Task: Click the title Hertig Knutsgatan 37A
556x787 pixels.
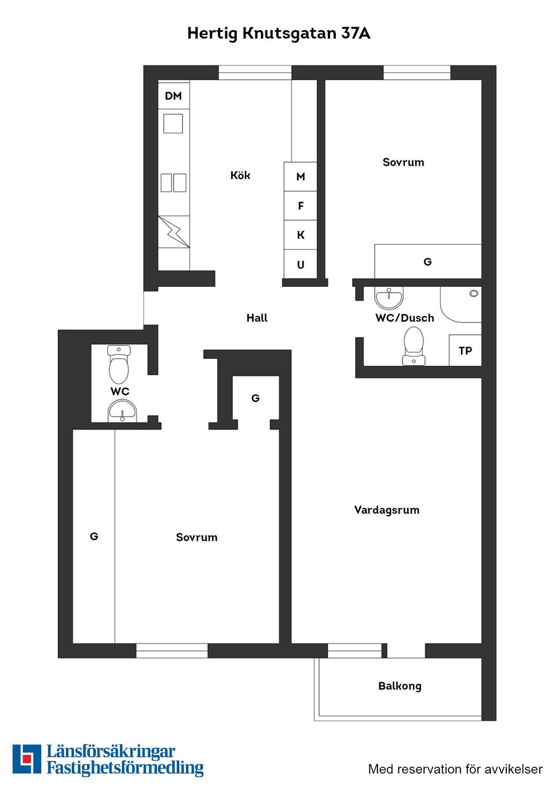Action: tap(279, 34)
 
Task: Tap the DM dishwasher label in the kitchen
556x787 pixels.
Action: tap(173, 96)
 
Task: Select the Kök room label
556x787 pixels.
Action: tap(240, 175)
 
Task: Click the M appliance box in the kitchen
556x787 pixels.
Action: tap(301, 177)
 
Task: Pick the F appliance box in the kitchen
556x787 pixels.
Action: tap(301, 206)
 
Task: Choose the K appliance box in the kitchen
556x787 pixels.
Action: tap(301, 235)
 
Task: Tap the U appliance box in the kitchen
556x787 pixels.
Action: tap(301, 264)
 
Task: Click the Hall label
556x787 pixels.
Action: tap(257, 318)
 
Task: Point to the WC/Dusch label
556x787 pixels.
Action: tap(405, 318)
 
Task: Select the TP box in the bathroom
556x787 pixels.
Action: tap(465, 351)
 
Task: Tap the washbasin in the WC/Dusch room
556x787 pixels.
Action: tap(389, 298)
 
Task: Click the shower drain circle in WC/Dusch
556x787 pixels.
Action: tap(474, 294)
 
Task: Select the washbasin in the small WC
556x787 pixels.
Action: tap(122, 413)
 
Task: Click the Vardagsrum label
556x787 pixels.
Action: tap(387, 510)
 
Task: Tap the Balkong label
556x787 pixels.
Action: tap(400, 686)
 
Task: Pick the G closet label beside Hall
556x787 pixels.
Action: tap(255, 398)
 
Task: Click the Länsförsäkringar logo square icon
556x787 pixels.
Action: tap(27, 759)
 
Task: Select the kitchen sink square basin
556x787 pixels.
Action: tap(173, 123)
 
